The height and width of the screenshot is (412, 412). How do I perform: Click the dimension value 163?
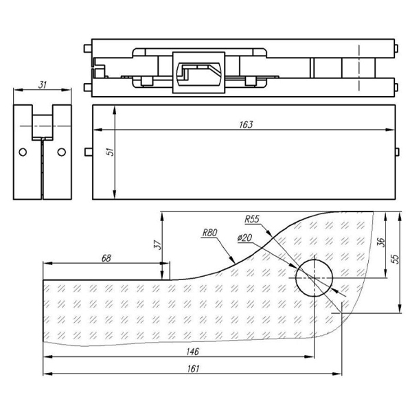(x=247, y=124)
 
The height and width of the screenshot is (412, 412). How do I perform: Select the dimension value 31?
(x=43, y=84)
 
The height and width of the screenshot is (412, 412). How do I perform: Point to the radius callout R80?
(x=209, y=233)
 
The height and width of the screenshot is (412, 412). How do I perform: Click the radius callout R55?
(x=252, y=219)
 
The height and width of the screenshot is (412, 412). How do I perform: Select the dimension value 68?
(x=106, y=258)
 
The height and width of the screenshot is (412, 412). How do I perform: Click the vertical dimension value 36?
(x=381, y=244)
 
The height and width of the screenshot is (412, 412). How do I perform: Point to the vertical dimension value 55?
(x=394, y=259)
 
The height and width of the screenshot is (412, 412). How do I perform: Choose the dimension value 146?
(x=193, y=351)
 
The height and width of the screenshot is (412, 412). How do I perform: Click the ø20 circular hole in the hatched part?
(x=314, y=277)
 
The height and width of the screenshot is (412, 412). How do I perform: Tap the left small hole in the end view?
(x=23, y=152)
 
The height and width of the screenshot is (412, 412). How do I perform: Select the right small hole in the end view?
(x=62, y=152)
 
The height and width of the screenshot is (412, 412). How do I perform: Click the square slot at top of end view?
(x=43, y=122)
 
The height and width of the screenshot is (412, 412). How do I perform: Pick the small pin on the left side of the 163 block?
(x=88, y=152)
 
